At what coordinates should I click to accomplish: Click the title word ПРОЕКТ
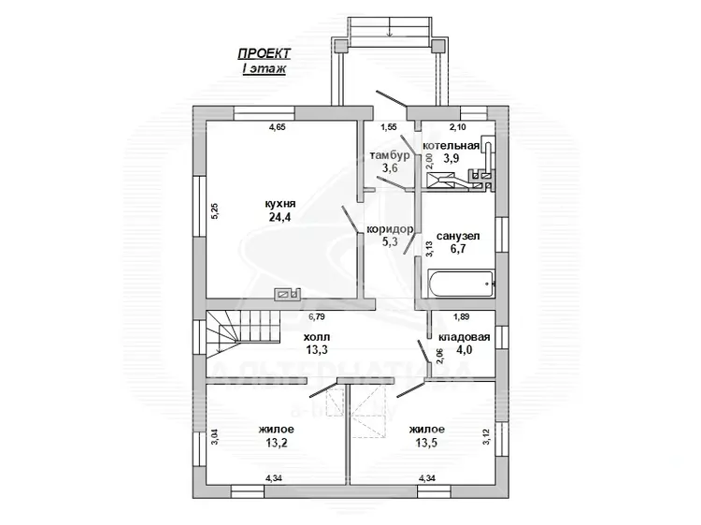pyautogui.click(x=265, y=53)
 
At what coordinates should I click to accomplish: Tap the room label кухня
pyautogui.click(x=280, y=204)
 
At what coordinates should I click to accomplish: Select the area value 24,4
pyautogui.click(x=279, y=217)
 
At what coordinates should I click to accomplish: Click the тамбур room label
pyautogui.click(x=390, y=155)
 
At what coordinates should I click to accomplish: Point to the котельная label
pyautogui.click(x=451, y=146)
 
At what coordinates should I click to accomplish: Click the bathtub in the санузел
pyautogui.click(x=461, y=284)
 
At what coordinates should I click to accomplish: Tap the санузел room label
pyautogui.click(x=458, y=236)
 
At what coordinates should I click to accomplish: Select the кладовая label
pyautogui.click(x=464, y=338)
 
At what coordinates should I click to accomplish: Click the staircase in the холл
pyautogui.click(x=242, y=334)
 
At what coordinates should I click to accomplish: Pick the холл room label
pyautogui.click(x=317, y=337)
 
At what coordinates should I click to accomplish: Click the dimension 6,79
pyautogui.click(x=317, y=317)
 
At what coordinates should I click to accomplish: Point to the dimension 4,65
pyautogui.click(x=277, y=127)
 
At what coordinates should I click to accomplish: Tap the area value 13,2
pyautogui.click(x=277, y=443)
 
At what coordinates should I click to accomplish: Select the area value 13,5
pyautogui.click(x=426, y=443)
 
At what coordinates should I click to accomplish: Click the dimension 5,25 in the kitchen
pyautogui.click(x=214, y=211)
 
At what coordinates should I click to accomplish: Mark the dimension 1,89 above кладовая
pyautogui.click(x=462, y=317)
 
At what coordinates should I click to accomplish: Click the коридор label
pyautogui.click(x=390, y=229)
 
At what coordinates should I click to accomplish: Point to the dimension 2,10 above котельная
pyautogui.click(x=457, y=127)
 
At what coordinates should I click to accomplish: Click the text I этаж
pyautogui.click(x=264, y=69)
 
